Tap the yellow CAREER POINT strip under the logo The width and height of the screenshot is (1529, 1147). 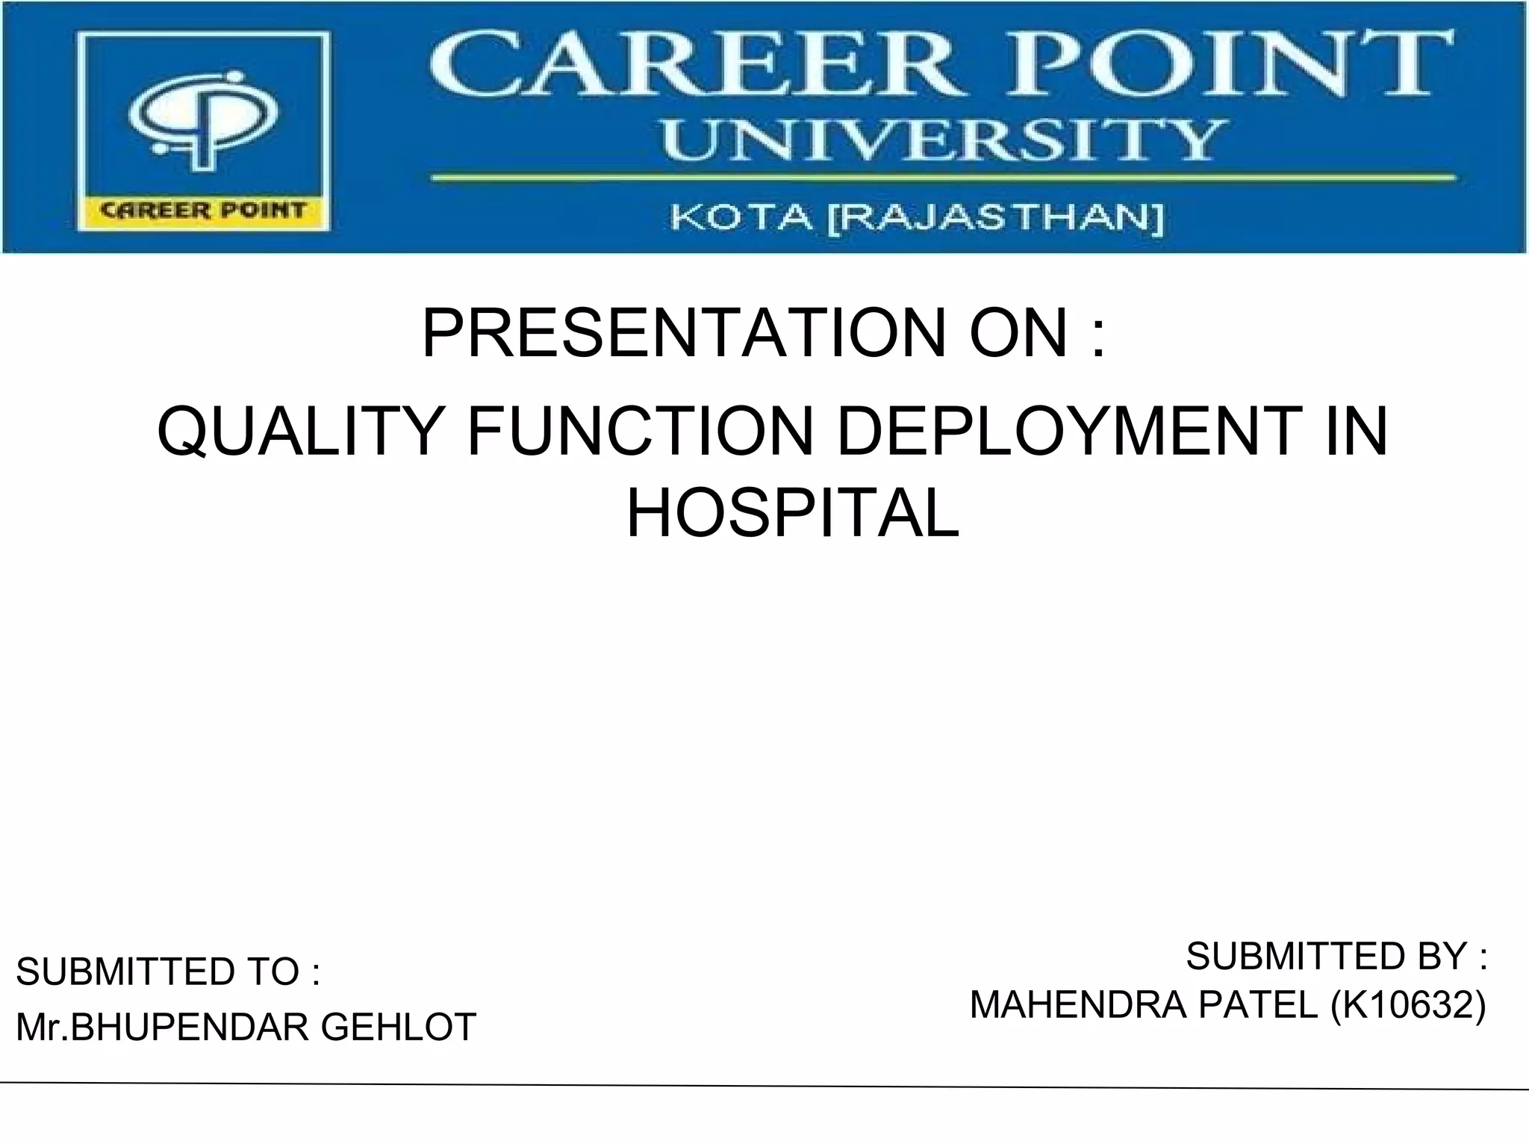click(x=203, y=211)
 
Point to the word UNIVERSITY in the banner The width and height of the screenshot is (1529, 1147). click(x=941, y=140)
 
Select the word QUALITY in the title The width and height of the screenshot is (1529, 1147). click(x=299, y=432)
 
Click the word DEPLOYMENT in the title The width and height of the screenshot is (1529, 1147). click(x=1068, y=432)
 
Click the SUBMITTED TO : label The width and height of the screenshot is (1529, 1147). click(x=168, y=972)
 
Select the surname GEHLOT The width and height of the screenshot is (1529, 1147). click(x=399, y=1027)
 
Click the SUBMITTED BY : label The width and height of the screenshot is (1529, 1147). click(x=1336, y=957)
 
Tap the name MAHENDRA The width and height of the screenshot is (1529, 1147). click(x=1078, y=1005)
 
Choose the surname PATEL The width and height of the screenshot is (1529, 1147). click(x=1259, y=1005)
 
